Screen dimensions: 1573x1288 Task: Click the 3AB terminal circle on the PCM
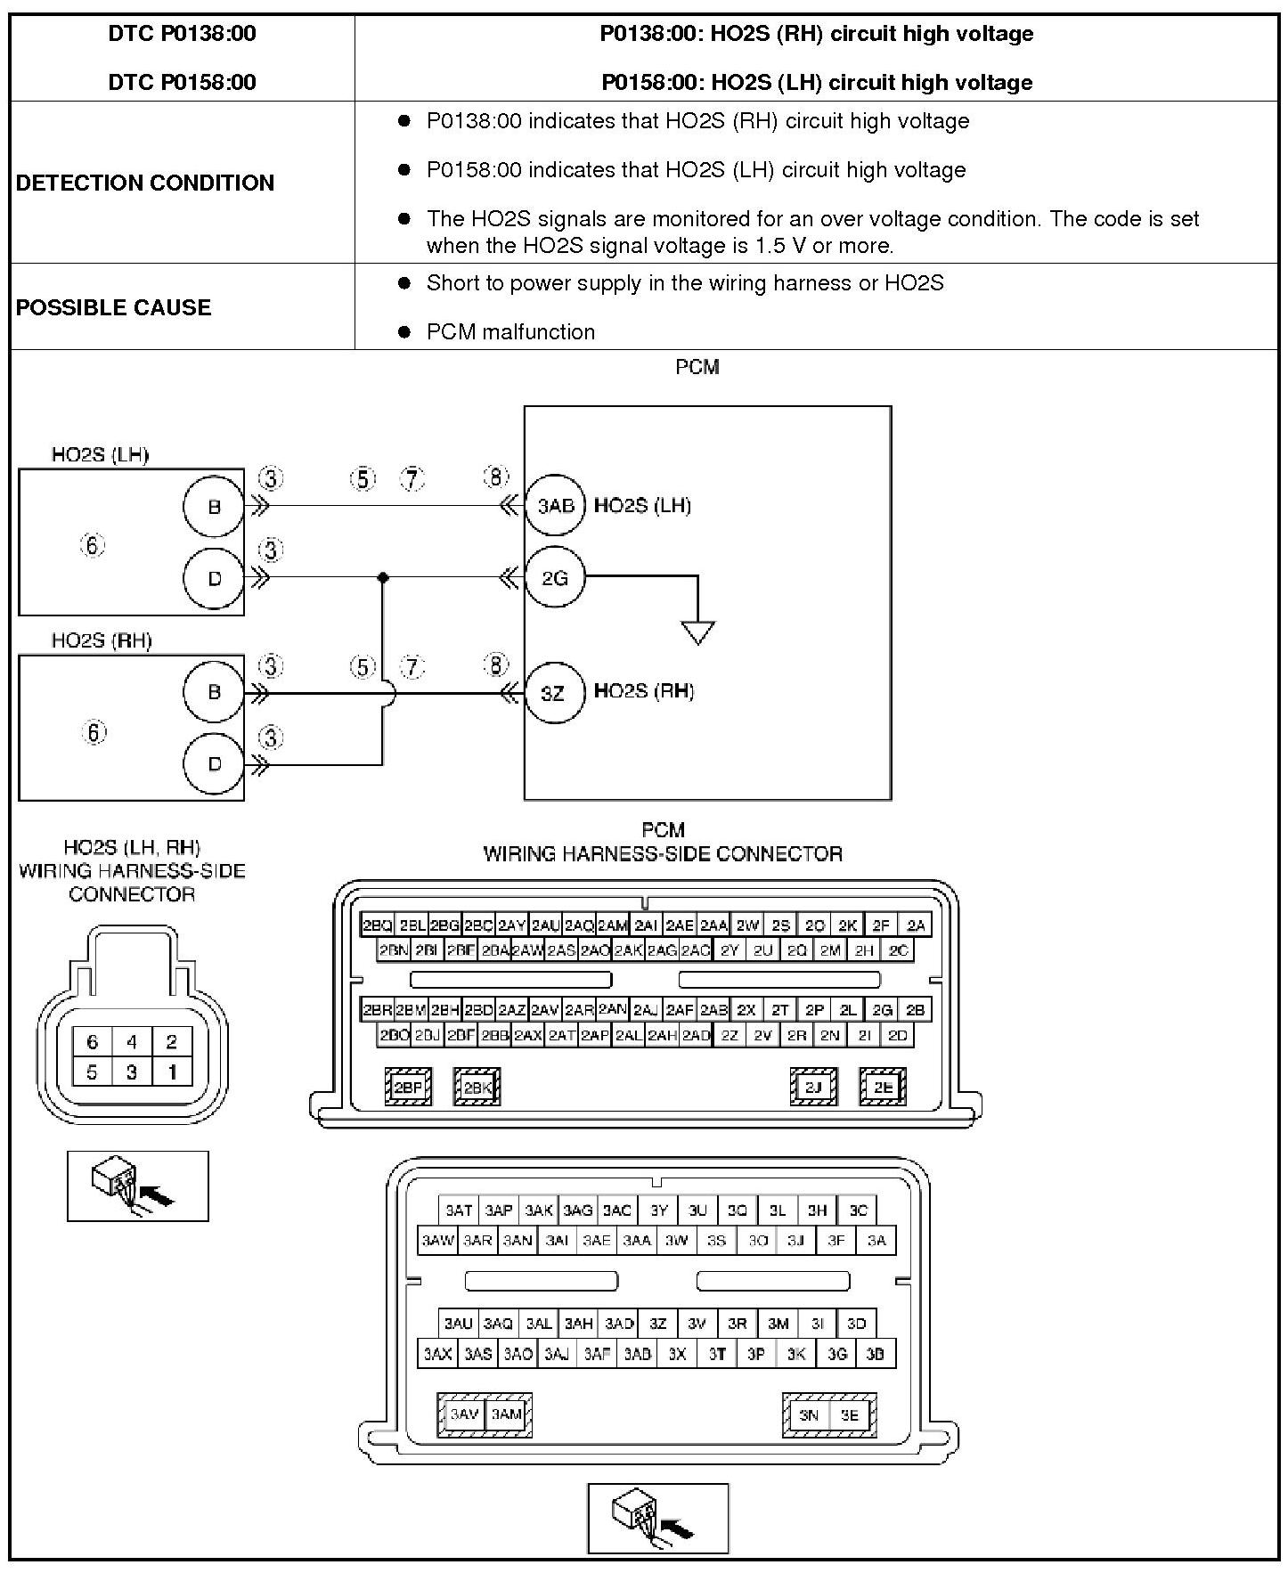[555, 506]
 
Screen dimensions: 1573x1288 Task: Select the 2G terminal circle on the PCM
[555, 578]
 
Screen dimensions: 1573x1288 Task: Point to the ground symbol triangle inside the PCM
[698, 632]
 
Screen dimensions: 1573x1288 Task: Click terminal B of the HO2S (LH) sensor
[214, 507]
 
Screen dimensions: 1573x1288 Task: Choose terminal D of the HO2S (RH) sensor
[214, 763]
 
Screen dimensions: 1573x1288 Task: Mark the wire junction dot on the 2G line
[383, 578]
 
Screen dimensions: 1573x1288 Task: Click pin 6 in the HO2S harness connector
[93, 1041]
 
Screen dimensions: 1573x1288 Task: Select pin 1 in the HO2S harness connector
[172, 1072]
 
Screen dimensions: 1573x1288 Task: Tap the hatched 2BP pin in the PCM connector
[408, 1087]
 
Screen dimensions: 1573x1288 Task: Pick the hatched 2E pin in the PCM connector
[883, 1087]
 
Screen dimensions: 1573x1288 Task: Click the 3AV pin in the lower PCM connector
[464, 1414]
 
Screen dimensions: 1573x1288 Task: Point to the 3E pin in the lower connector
[850, 1414]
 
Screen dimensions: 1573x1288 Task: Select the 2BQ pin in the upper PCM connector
[377, 925]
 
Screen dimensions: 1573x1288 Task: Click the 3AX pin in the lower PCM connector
[437, 1354]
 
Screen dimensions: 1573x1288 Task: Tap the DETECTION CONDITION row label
[145, 183]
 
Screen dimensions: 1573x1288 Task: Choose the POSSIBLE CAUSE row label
[114, 307]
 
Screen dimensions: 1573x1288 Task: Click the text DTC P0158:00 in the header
[182, 82]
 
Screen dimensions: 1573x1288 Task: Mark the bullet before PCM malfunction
[404, 331]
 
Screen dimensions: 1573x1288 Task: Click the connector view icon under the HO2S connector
[138, 1186]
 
